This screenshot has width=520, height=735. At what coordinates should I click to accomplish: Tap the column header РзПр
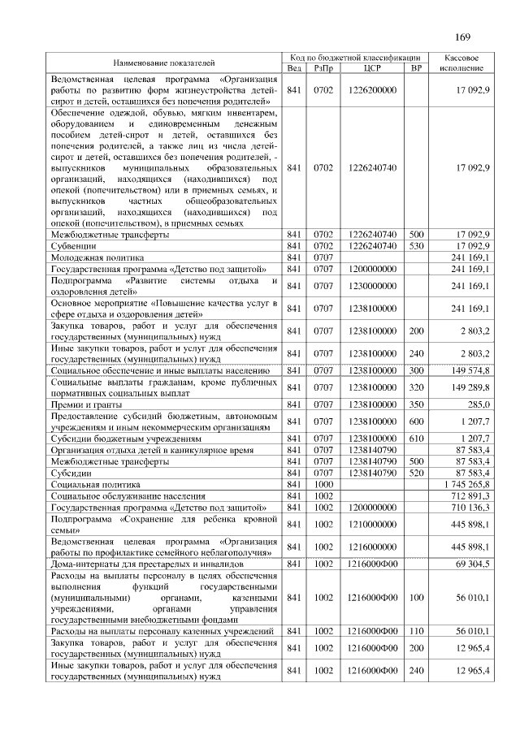[x=323, y=68]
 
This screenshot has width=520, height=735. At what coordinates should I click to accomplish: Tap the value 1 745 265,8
[x=462, y=483]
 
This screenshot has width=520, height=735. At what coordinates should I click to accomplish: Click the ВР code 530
[x=417, y=245]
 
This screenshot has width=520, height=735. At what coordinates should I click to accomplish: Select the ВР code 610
[x=417, y=438]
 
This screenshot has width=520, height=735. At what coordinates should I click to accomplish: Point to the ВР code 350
[x=417, y=404]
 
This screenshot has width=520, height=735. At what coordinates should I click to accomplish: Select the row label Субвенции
[x=78, y=245]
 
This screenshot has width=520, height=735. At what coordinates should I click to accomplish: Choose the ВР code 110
[x=417, y=631]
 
